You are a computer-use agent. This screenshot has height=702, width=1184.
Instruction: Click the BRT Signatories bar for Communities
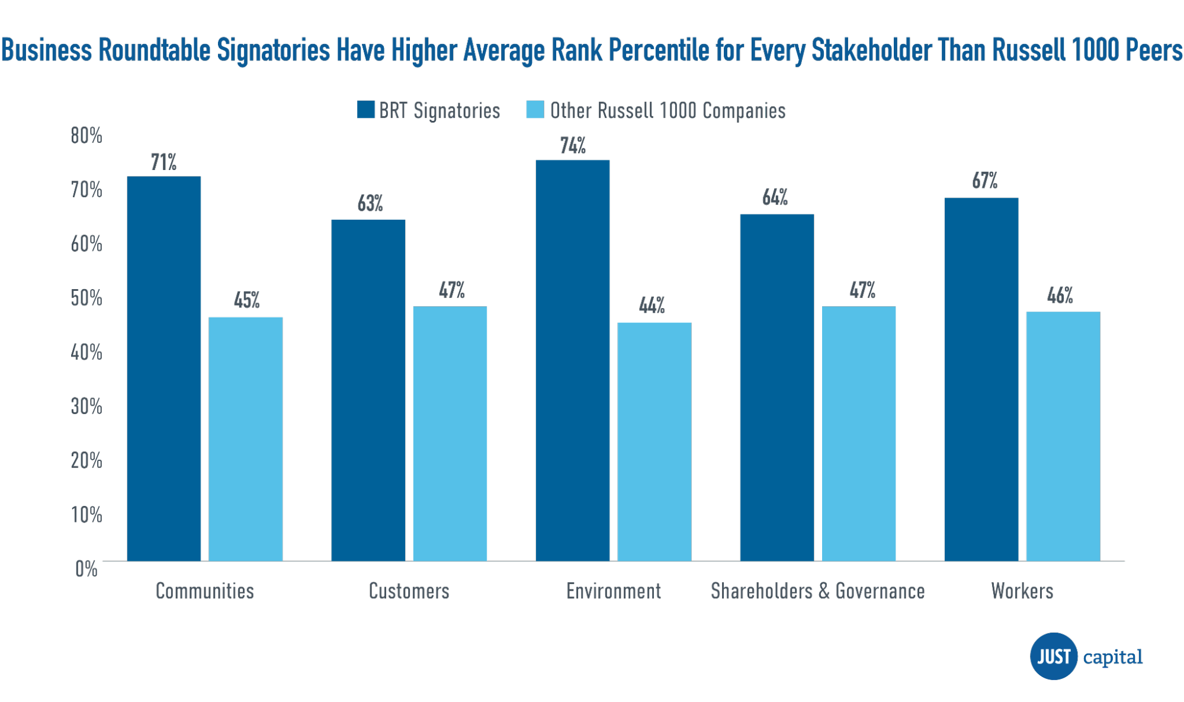tap(164, 368)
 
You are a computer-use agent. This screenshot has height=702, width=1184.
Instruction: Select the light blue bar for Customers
tap(450, 434)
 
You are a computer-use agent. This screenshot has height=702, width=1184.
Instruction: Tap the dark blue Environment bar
tap(573, 360)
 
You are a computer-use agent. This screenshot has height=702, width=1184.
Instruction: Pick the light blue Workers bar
tap(1063, 436)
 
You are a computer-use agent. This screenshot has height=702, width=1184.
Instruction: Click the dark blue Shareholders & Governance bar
tap(777, 387)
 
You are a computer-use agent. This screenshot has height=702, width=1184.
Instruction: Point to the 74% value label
tap(573, 146)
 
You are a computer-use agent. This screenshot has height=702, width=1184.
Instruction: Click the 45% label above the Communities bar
tap(246, 300)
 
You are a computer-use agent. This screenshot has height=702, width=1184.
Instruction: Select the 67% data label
tap(984, 181)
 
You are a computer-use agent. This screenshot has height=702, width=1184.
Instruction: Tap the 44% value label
tap(652, 305)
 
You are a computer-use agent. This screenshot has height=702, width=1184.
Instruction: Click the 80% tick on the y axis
tap(86, 136)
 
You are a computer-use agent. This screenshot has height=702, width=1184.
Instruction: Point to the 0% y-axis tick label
tap(86, 569)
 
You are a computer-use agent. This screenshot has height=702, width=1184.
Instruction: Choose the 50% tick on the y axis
tap(86, 298)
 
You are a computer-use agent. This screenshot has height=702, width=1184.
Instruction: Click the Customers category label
tap(409, 591)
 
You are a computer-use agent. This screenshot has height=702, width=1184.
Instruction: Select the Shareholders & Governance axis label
tap(817, 591)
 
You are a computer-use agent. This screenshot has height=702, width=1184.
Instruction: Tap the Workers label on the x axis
tap(1022, 591)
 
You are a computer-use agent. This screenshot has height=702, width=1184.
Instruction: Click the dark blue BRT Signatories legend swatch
tap(365, 110)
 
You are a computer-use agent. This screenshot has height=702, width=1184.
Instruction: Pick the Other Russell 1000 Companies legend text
tap(668, 111)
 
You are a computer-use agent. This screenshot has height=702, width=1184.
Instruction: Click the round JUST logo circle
tap(1054, 656)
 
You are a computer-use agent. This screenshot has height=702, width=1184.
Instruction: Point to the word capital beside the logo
tap(1113, 657)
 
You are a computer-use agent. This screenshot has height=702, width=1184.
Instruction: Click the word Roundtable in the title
tap(154, 50)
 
